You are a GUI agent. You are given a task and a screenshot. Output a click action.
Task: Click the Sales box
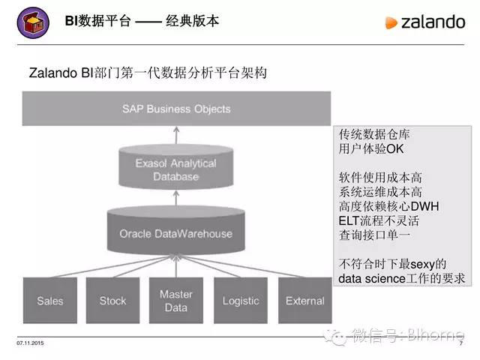point(50,301)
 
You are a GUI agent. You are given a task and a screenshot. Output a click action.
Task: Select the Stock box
point(112,301)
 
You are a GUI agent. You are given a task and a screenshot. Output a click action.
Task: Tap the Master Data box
point(176,301)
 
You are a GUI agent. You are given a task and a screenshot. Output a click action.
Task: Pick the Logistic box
point(240,301)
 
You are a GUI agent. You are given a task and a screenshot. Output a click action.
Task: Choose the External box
point(304,301)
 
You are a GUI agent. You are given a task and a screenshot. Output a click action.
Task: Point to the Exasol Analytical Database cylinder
point(176,170)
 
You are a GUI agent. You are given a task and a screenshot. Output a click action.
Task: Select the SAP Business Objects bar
point(176,109)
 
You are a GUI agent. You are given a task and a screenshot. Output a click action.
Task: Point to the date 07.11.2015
point(29,343)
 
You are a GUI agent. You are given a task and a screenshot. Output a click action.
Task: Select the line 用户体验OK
point(371,149)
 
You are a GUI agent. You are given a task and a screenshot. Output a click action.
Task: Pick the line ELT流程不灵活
point(379,220)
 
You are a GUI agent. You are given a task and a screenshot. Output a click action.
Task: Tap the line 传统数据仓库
point(374,135)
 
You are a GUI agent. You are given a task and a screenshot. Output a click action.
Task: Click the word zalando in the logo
point(433,22)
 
